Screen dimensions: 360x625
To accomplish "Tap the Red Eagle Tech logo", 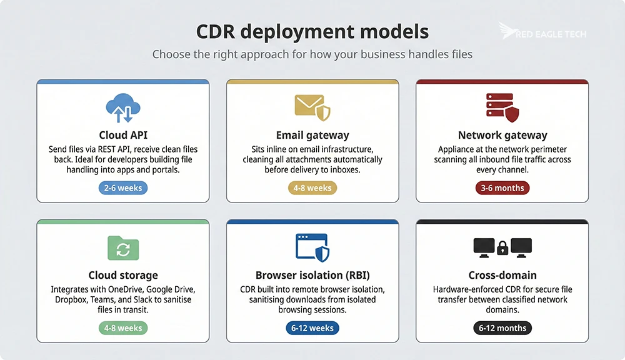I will (542, 32).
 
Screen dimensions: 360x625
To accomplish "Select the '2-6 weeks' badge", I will (122, 187).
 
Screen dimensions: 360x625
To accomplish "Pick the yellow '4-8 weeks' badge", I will (312, 187).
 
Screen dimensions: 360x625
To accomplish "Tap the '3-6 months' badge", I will (502, 187).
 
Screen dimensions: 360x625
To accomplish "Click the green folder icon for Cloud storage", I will (122, 247).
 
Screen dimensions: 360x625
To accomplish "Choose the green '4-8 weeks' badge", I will (122, 327).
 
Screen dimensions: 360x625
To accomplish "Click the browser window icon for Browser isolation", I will (312, 247).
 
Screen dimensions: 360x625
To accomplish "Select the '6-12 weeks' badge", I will (312, 327).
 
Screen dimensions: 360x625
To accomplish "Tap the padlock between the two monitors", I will (502, 249).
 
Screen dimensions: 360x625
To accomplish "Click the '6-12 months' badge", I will (502, 327).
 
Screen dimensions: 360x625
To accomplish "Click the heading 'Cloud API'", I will (122, 135).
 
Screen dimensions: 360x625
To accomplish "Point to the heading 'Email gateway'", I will (312, 135).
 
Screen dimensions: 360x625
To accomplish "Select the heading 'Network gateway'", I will (502, 135).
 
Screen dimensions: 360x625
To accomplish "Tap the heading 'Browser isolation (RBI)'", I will (312, 275).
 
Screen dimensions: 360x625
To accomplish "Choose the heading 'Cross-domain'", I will (502, 275).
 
